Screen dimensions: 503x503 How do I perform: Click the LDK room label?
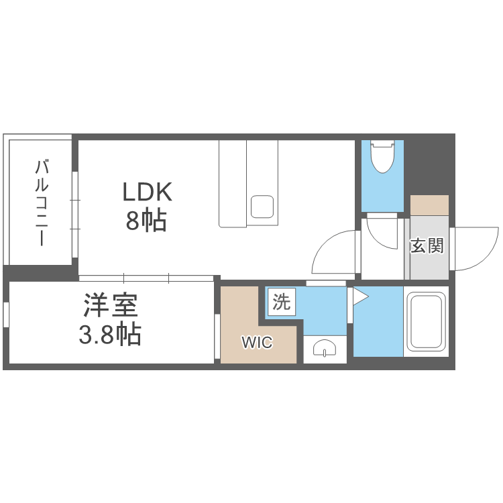148,192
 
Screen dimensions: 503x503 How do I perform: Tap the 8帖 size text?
146,221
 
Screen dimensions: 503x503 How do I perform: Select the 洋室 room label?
111,305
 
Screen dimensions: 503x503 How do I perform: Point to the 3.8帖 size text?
110,334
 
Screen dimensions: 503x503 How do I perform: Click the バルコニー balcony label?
42,203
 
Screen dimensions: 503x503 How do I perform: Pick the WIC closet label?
257,343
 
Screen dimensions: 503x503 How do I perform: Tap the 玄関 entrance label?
427,245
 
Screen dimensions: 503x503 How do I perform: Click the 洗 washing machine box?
282,302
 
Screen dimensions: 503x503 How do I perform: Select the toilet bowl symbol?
382,156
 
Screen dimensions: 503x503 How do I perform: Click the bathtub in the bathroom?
426,321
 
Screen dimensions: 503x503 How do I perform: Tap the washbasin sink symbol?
325,348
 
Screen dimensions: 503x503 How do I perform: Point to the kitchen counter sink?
262,207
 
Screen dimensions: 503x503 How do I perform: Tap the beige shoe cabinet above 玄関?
429,205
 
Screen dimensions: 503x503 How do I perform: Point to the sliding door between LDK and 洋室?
146,278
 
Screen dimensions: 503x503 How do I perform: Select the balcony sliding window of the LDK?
75,215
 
